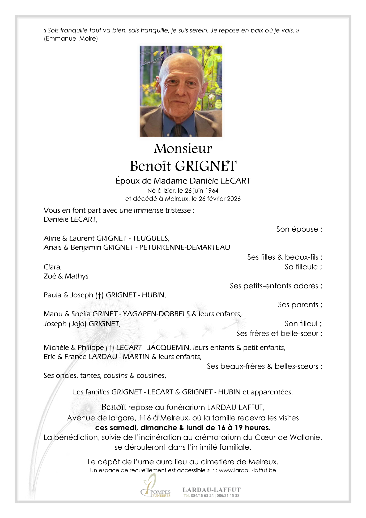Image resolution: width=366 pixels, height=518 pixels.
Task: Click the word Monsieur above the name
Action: tap(183, 149)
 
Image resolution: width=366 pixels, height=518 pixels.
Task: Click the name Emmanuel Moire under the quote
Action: tap(71, 39)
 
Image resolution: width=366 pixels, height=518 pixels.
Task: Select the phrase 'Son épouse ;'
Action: tap(299, 229)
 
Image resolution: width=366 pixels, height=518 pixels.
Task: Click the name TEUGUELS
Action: tap(151, 238)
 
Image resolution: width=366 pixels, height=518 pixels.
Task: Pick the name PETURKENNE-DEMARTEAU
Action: tap(185, 247)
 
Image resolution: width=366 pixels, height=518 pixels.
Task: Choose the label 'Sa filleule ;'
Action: tap(303, 267)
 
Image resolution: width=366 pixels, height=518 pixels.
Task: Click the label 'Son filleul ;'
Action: tap(303, 323)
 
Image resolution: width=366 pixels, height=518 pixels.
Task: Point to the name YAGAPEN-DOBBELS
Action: tap(156, 314)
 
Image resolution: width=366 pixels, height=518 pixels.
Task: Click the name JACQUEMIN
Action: tap(168, 347)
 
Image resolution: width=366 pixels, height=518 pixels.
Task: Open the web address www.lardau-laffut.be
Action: tap(247, 470)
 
